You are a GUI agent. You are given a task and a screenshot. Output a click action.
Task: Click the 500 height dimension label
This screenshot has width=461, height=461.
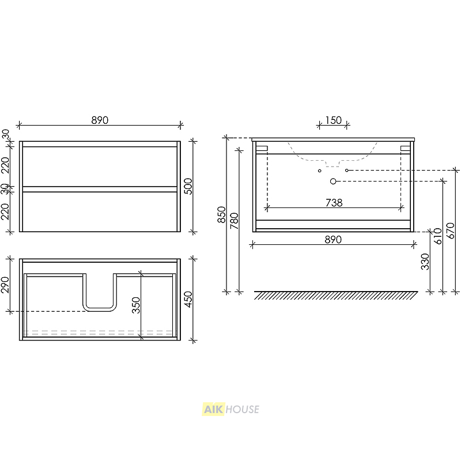188,186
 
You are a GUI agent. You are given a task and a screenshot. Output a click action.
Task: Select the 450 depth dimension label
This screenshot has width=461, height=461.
188,299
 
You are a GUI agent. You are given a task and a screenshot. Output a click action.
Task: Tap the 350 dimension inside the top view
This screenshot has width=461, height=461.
136,305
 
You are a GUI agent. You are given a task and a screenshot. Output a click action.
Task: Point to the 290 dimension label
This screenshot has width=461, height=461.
5,285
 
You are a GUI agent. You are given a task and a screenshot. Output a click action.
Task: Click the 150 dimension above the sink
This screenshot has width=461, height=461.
334,120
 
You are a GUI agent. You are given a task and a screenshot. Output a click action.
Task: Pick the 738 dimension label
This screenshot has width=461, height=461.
334,203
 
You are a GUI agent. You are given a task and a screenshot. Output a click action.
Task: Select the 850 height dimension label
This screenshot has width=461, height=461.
221,214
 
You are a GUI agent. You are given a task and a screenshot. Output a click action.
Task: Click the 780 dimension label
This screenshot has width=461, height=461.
235,221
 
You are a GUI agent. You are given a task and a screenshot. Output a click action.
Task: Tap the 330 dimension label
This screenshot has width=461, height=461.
425,262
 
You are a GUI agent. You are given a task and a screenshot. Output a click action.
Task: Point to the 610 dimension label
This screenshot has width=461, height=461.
438,236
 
